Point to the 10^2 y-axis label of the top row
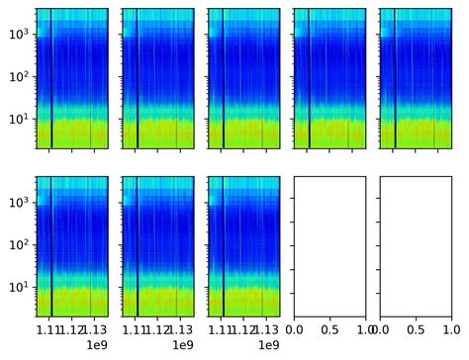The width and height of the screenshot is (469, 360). [x=21, y=77]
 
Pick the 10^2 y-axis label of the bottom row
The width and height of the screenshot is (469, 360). [x=21, y=245]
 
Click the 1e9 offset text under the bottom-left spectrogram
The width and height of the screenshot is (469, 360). [x=97, y=345]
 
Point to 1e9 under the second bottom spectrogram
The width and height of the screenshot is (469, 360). [x=183, y=345]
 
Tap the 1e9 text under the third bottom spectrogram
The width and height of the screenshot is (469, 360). [x=269, y=345]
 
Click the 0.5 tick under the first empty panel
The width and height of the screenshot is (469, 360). [x=329, y=328]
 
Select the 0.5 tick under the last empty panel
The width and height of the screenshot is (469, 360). [x=416, y=328]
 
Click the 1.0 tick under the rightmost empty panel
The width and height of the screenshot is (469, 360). [x=451, y=328]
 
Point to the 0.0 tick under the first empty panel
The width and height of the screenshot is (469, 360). [x=295, y=328]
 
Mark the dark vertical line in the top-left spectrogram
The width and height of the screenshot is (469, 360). [x=51, y=79]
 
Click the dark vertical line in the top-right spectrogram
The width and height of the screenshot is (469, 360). [x=395, y=79]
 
